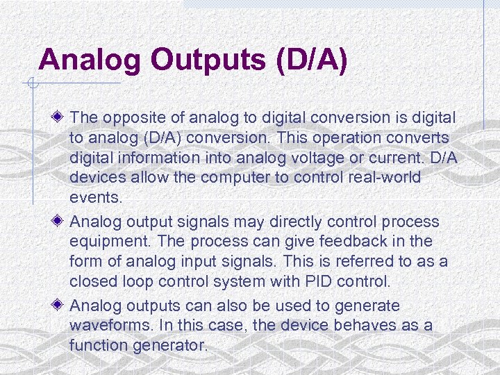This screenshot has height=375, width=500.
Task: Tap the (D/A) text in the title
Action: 311,60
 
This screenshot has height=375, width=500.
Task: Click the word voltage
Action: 322,158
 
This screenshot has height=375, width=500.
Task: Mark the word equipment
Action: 101,242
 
